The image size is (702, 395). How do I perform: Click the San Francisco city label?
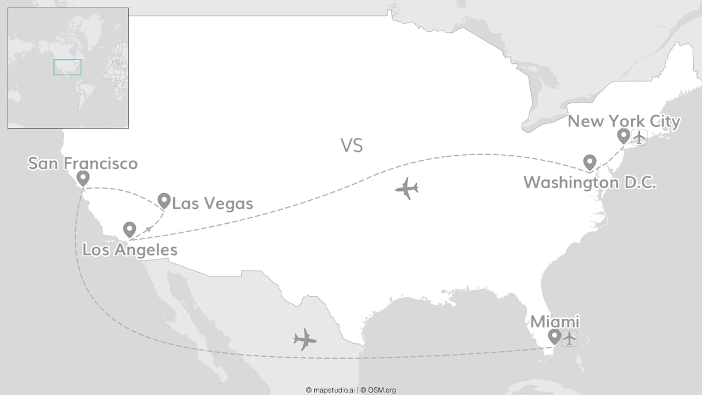tap(83, 163)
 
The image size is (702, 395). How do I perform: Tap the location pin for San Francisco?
tap(83, 178)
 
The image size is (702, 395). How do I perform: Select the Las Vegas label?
tap(212, 204)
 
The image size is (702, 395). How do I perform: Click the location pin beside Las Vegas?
tap(164, 200)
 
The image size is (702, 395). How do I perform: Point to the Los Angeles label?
tap(130, 250)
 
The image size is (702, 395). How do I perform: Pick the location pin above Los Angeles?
tap(129, 229)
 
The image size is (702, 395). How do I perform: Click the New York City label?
tap(624, 121)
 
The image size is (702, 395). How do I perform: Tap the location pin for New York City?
tap(624, 135)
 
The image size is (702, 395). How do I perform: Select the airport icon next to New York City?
tap(639, 137)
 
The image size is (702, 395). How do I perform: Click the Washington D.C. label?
tap(590, 183)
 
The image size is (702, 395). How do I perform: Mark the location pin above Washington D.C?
tap(590, 161)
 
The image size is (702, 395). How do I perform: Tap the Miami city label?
tap(554, 322)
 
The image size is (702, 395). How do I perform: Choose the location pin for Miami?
tap(554, 336)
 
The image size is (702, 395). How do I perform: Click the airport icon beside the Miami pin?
tap(570, 338)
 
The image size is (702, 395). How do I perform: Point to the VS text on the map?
tap(352, 146)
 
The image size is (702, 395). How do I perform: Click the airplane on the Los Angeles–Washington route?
tap(406, 189)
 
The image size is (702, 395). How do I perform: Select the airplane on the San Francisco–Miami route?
tap(305, 340)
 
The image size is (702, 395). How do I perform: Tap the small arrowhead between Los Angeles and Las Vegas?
tap(149, 228)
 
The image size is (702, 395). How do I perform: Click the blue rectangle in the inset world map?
tap(67, 67)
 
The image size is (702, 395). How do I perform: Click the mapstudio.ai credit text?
tap(330, 390)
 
